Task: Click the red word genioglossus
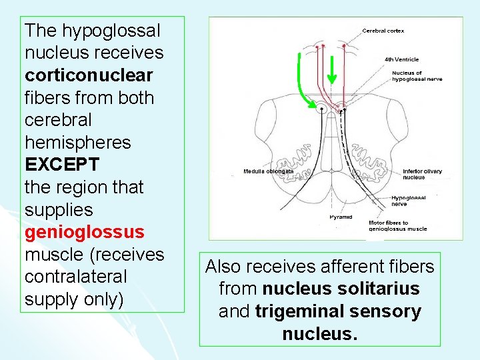pyautogui.click(x=84, y=232)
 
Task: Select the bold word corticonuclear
pyautogui.click(x=89, y=75)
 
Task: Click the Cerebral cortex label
pyautogui.click(x=383, y=31)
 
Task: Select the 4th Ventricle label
pyautogui.click(x=401, y=59)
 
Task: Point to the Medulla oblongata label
pyautogui.click(x=268, y=171)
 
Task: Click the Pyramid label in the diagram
pyautogui.click(x=341, y=217)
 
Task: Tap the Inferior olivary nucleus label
pyautogui.click(x=422, y=174)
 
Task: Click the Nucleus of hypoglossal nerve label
pyautogui.click(x=417, y=75)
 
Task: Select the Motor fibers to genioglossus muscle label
pyautogui.click(x=398, y=225)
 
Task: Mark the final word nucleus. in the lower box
pyautogui.click(x=319, y=333)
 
